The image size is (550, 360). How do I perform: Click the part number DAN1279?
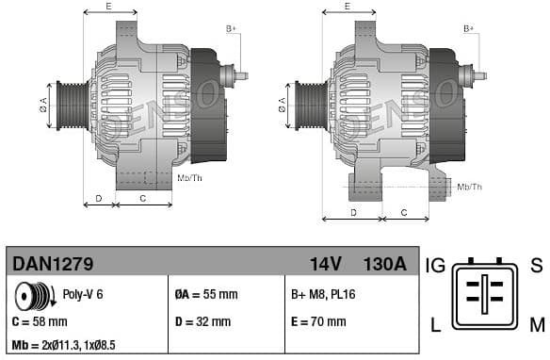pyautogui.click(x=52, y=264)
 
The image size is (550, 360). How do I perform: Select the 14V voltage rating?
pyautogui.click(x=326, y=264)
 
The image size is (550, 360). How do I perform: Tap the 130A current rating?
pyautogui.click(x=384, y=264)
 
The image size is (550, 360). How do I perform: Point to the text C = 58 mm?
pyautogui.click(x=40, y=321)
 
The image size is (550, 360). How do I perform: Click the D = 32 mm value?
pyautogui.click(x=203, y=321)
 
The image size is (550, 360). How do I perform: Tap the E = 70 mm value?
pyautogui.click(x=318, y=321)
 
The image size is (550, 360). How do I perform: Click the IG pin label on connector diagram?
pyautogui.click(x=436, y=265)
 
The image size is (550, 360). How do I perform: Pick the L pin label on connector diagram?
pyautogui.click(x=435, y=326)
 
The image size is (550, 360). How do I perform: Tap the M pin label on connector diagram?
pyautogui.click(x=536, y=326)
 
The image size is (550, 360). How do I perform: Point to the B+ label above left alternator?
pyautogui.click(x=232, y=29)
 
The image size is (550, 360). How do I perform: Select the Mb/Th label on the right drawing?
pyautogui.click(x=468, y=188)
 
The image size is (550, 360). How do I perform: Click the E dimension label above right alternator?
pyautogui.click(x=347, y=7)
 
